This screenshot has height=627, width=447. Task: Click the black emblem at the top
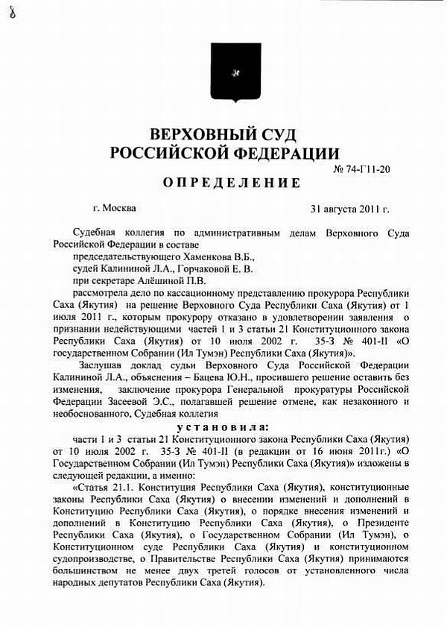tap(235, 72)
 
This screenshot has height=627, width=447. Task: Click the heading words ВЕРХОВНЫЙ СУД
tap(223, 135)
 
